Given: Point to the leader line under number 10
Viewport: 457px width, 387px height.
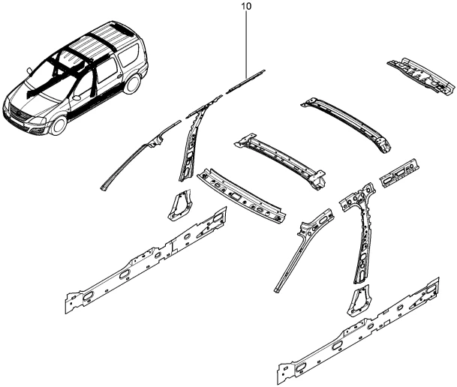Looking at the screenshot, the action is [x=247, y=44].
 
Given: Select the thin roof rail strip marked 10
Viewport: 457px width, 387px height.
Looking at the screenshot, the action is [x=245, y=82].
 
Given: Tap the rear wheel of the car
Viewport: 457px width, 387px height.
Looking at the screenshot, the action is [x=131, y=83].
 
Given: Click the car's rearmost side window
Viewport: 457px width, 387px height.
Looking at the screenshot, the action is [x=130, y=55].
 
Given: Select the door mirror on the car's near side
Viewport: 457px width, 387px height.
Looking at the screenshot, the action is [x=77, y=97].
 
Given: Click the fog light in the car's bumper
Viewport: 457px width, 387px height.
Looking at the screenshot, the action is [x=37, y=132].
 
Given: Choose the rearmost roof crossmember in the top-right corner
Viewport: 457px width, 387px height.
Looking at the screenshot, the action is [x=421, y=76].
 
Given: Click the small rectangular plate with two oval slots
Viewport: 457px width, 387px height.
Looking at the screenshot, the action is [x=399, y=173].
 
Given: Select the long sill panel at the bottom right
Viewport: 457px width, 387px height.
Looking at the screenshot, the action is [x=359, y=330].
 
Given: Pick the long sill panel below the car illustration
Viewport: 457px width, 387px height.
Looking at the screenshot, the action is [x=146, y=260].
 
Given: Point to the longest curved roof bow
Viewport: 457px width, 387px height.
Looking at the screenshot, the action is [x=347, y=124].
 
